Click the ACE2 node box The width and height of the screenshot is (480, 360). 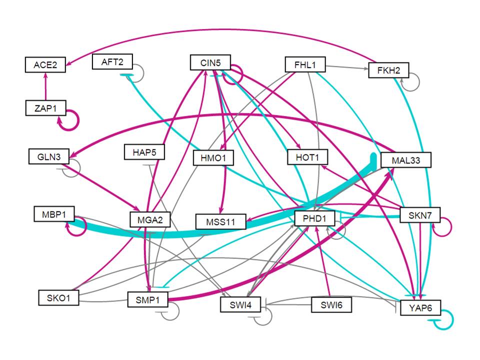(45, 64)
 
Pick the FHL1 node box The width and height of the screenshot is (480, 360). (305, 64)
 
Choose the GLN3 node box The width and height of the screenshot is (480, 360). (48, 156)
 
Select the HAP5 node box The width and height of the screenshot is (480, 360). (143, 152)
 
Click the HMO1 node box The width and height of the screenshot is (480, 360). (213, 158)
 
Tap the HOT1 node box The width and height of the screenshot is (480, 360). (307, 157)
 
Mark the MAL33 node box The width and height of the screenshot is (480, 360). (405, 160)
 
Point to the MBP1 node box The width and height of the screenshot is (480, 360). (54, 214)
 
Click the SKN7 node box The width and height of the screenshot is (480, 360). (419, 215)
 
